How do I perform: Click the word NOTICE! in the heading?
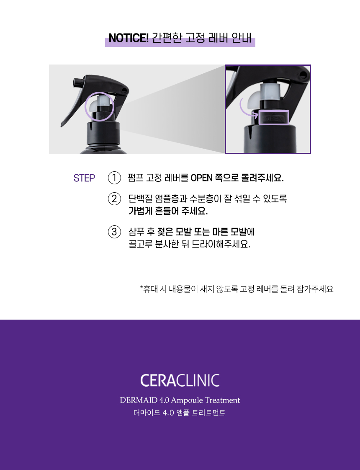(x=129, y=38)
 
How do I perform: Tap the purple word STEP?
(x=84, y=178)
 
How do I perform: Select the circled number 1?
(x=114, y=178)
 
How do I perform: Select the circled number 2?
(x=114, y=199)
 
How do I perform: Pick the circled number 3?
(x=114, y=232)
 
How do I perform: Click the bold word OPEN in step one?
(x=202, y=178)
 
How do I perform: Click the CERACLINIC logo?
(x=180, y=380)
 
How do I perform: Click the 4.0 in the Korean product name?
(x=168, y=413)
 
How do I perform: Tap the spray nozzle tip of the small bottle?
(x=77, y=82)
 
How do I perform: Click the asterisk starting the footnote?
(x=141, y=288)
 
